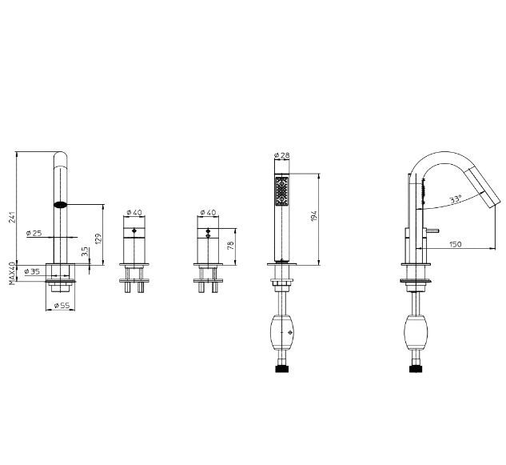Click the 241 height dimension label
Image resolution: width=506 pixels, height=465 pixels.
(x=12, y=217)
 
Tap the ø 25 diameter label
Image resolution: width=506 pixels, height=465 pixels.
(x=34, y=233)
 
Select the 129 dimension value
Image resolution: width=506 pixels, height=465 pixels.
(x=98, y=239)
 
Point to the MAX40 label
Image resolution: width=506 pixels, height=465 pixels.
(x=12, y=274)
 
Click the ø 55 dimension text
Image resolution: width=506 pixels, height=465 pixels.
(x=62, y=305)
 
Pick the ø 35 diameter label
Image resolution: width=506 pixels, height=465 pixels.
(x=32, y=271)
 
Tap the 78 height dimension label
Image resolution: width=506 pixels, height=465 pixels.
(x=230, y=245)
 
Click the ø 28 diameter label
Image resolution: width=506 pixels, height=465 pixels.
(x=281, y=155)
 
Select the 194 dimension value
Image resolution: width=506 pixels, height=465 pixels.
(x=314, y=216)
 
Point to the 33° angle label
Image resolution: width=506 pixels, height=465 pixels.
(x=456, y=199)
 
